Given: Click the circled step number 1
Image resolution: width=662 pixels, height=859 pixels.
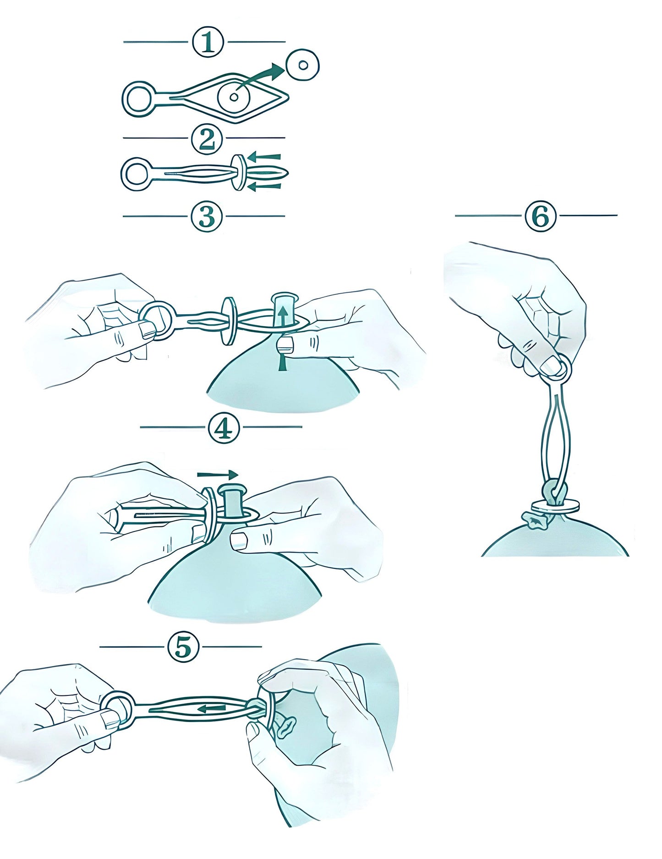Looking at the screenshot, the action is [208, 42].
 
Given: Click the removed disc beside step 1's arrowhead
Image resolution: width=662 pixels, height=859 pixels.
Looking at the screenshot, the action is [302, 67].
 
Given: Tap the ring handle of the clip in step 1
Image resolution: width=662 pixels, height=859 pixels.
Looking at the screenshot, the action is [139, 98].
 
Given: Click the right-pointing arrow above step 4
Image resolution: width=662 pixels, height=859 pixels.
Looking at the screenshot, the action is [218, 474].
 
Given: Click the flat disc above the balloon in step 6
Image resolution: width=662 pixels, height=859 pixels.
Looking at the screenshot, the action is [556, 506].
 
